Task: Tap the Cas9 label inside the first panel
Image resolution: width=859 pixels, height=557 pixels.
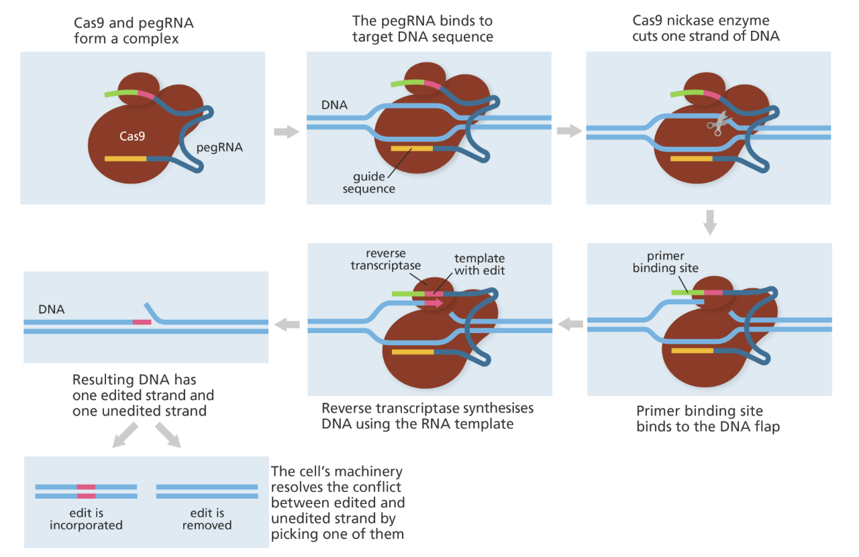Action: [x=132, y=136]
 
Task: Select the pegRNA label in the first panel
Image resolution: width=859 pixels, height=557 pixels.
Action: [x=219, y=147]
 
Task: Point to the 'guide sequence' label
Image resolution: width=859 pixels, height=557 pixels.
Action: [x=369, y=183]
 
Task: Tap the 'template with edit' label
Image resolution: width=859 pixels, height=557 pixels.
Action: [x=479, y=264]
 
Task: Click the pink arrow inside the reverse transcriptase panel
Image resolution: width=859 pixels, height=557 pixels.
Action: [x=434, y=303]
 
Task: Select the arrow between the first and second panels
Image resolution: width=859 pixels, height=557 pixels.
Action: [x=287, y=131]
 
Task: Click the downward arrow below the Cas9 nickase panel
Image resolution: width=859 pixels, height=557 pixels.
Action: [x=709, y=223]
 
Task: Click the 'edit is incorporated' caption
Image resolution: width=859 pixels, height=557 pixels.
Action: [x=86, y=519]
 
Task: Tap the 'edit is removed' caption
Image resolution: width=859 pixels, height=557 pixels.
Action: [x=207, y=519]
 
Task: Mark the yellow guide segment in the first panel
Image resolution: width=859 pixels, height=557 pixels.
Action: [x=125, y=158]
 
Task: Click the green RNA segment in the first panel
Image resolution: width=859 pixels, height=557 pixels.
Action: [x=121, y=93]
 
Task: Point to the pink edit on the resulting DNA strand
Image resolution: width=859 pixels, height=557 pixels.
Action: [x=142, y=322]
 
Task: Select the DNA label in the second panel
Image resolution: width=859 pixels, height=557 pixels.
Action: [x=334, y=105]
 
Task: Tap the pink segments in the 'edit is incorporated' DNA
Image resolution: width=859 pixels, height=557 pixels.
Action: [x=86, y=491]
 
